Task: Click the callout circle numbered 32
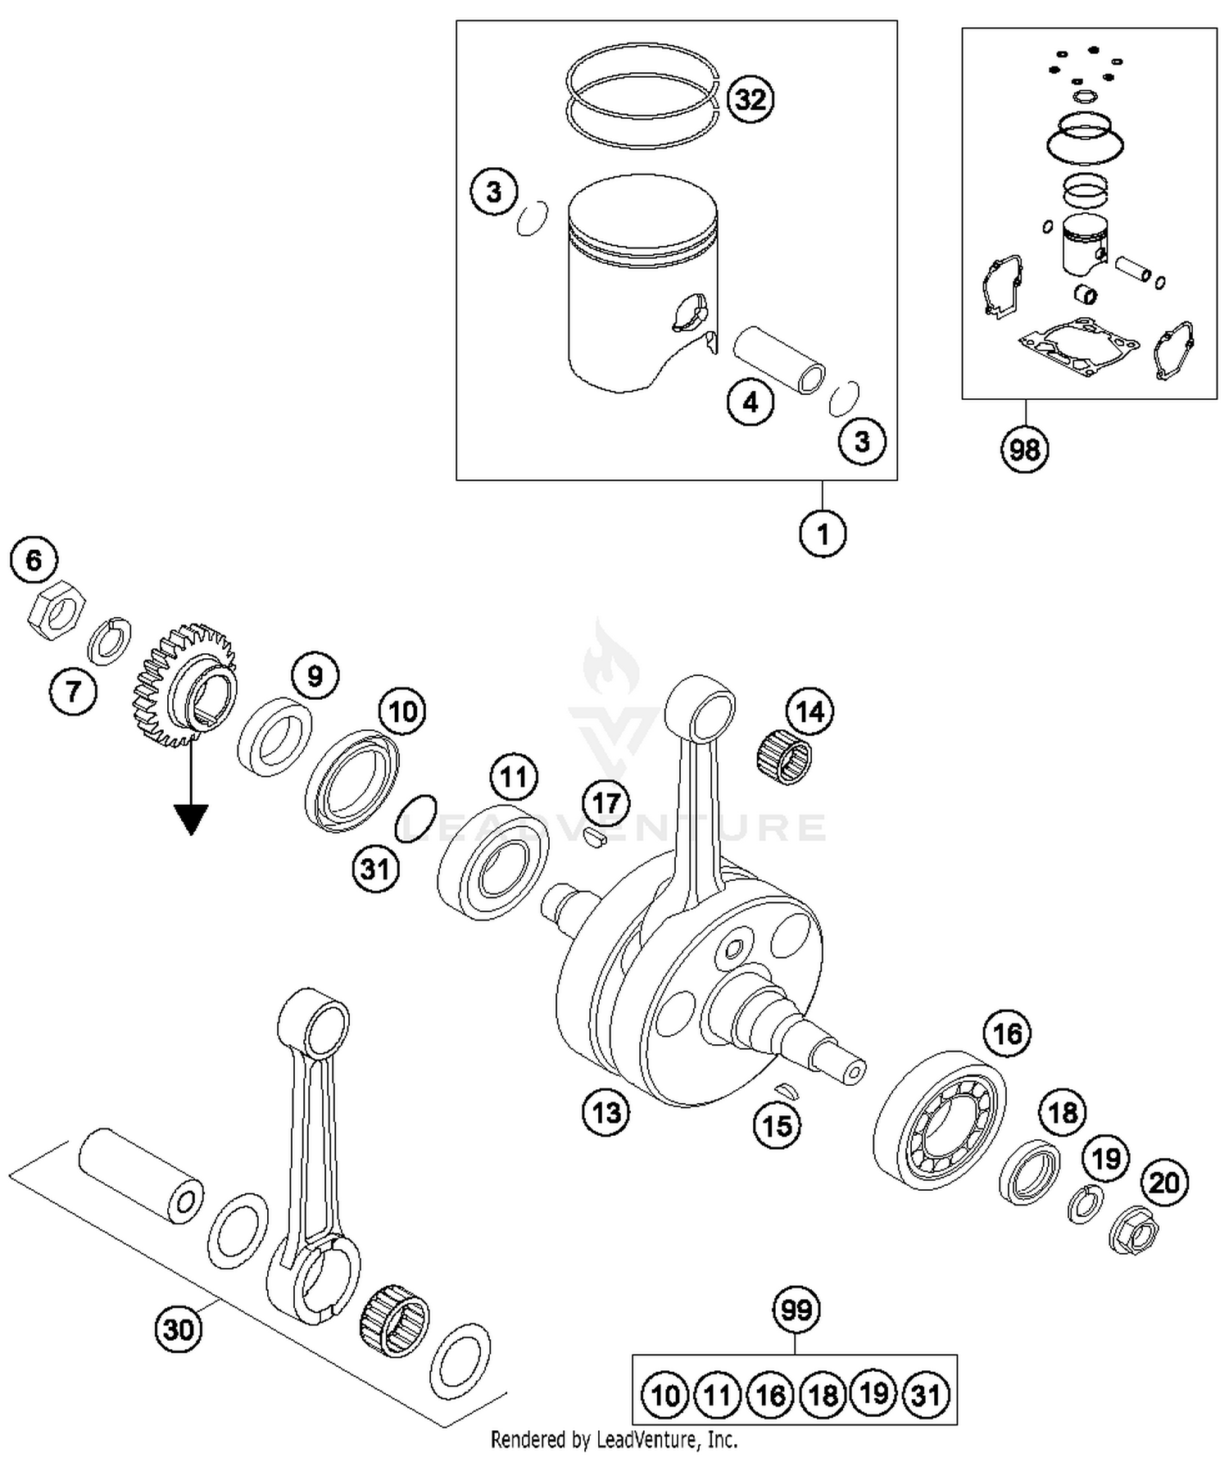pos(750,98)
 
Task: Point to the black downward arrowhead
pos(190,819)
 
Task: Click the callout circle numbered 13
pos(606,1113)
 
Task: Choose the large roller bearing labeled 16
pos(939,1119)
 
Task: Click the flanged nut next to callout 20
pos(1134,1228)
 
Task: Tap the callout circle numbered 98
pos(1024,449)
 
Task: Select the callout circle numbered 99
pos(796,1310)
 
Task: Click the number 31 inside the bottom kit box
pos(926,1395)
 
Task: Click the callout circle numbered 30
pos(179,1329)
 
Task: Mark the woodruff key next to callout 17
pos(596,837)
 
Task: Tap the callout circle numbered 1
pos(823,534)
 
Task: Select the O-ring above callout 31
pos(415,817)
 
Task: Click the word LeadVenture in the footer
pos(639,1439)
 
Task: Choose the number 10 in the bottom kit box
pos(665,1395)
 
